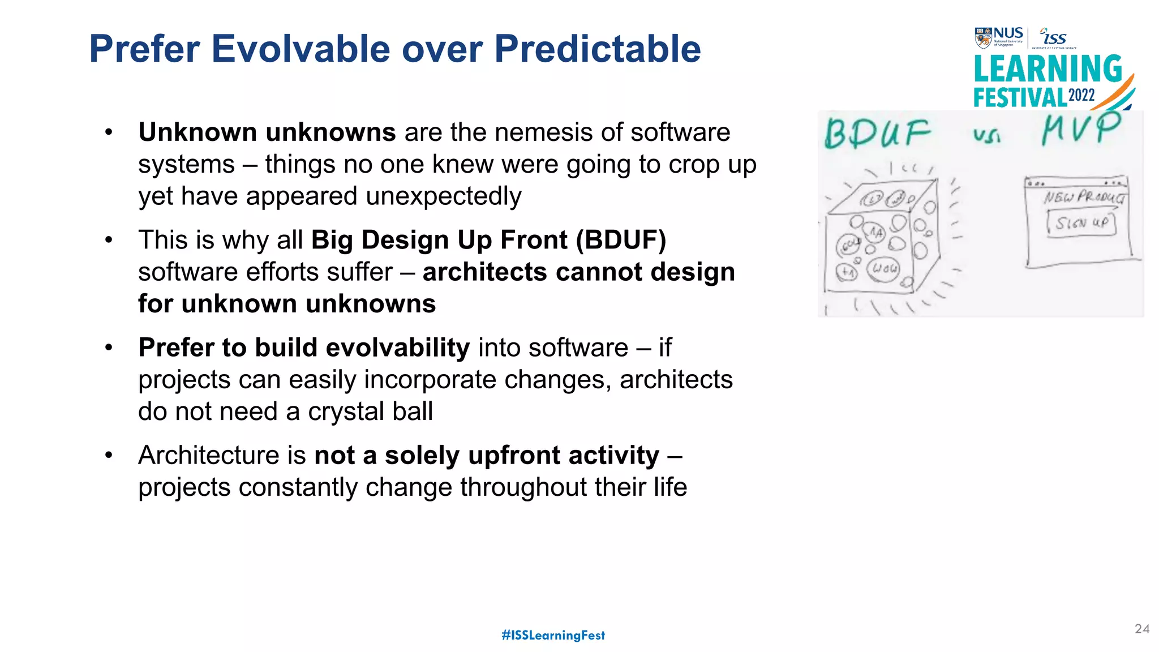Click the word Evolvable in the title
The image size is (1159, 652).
point(301,49)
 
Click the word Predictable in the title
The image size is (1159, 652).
point(597,49)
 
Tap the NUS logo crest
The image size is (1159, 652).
point(983,38)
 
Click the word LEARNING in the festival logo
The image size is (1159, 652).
point(1048,70)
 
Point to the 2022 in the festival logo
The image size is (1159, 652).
point(1081,95)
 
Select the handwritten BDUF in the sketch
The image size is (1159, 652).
point(877,134)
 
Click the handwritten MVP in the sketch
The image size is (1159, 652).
point(1080,128)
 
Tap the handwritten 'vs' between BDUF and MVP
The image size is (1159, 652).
point(986,135)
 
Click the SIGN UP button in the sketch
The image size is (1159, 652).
point(1081,223)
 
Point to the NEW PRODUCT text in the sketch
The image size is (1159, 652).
point(1084,197)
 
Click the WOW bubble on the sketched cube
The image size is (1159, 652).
point(885,268)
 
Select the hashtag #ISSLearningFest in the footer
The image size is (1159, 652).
point(553,635)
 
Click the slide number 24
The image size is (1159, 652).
point(1142,629)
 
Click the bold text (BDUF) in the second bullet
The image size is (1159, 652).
point(621,240)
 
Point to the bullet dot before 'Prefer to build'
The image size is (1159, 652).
point(109,348)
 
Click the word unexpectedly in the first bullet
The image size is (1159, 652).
point(443,196)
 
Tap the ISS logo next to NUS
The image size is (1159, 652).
point(1054,37)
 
